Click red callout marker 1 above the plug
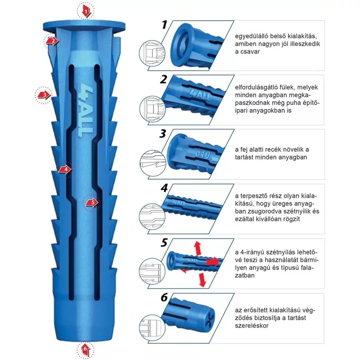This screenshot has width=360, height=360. (86, 10)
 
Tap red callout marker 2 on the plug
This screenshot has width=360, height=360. (52, 41)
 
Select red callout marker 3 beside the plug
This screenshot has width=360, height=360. (43, 94)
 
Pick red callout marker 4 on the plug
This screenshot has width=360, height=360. (65, 169)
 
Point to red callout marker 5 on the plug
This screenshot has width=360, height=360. (92, 202)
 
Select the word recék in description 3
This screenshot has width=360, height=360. (281, 149)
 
